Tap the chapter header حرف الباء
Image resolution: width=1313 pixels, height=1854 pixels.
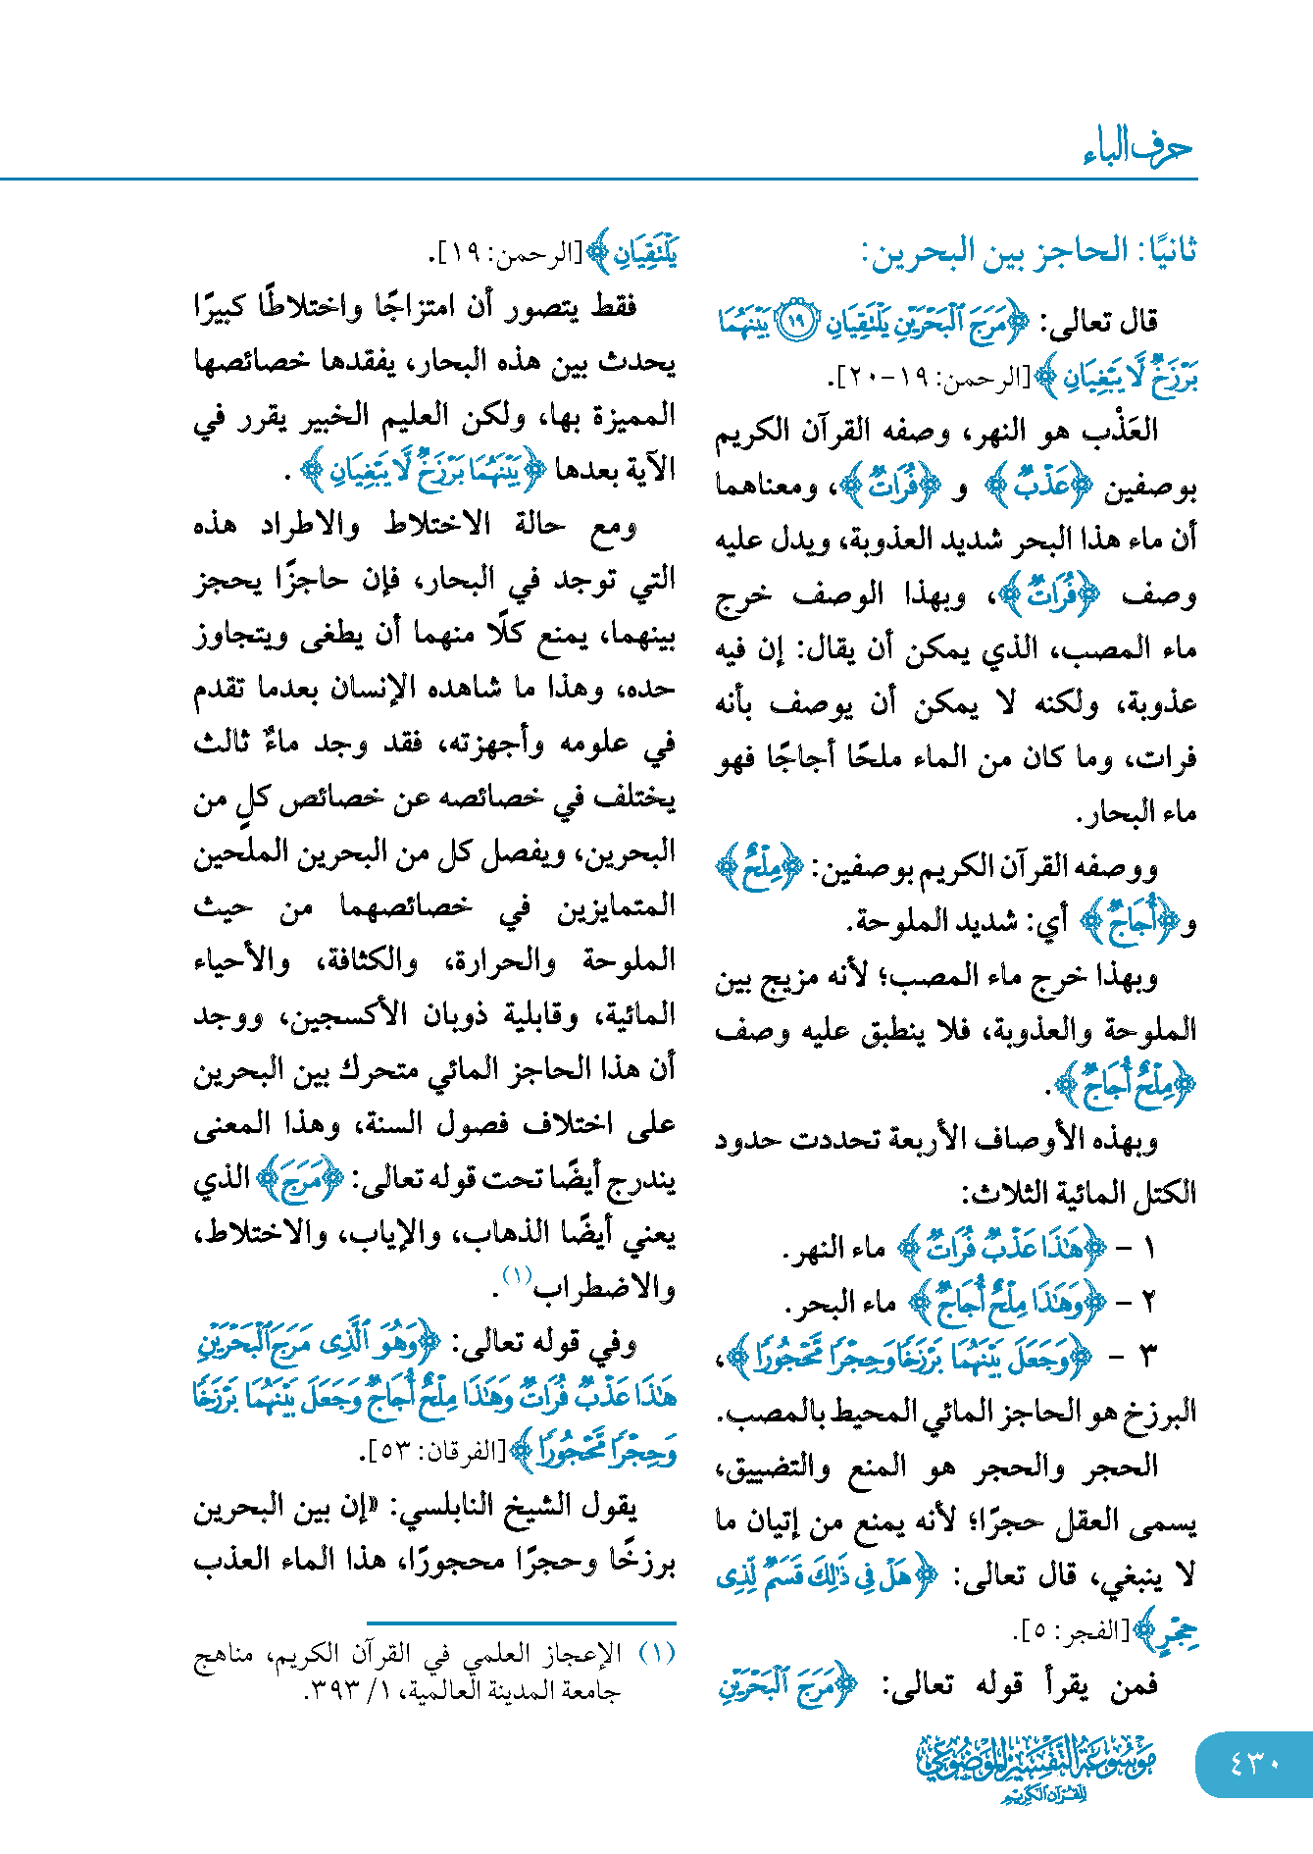point(1137,148)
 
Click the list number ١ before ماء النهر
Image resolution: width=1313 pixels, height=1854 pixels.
point(1148,1249)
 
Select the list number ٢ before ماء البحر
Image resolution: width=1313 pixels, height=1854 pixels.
point(1148,1303)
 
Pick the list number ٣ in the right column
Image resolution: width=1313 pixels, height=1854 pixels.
point(1148,1357)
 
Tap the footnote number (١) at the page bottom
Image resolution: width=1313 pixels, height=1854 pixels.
point(657,1654)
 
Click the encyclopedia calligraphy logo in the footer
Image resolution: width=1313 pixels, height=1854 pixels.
point(1035,1767)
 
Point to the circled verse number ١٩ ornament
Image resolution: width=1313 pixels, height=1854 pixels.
point(796,322)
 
